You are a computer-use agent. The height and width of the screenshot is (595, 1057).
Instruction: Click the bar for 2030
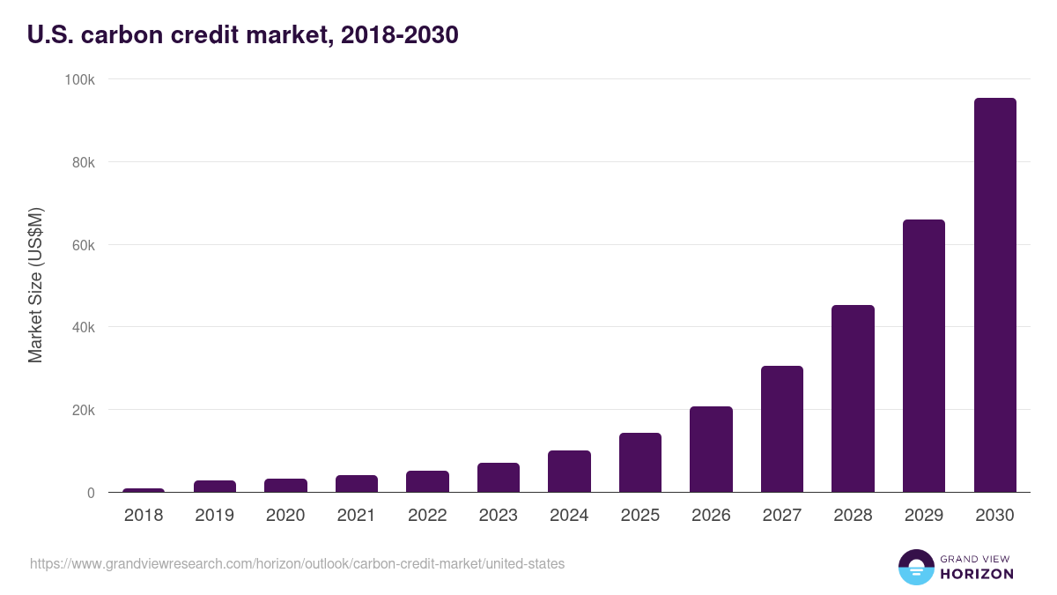[994, 295]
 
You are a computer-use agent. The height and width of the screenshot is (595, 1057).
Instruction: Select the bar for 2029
[923, 356]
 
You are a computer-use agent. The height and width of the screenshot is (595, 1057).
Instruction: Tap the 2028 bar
[853, 398]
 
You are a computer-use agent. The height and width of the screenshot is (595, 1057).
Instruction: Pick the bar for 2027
[782, 429]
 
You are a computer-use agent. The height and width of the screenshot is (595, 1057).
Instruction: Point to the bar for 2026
[711, 450]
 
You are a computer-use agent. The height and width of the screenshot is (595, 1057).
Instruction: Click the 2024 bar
[569, 472]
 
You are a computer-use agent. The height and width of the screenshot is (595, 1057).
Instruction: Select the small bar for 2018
[144, 490]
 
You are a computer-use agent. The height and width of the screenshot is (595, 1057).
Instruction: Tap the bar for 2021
[357, 484]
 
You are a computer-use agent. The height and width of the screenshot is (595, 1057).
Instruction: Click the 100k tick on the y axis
[80, 79]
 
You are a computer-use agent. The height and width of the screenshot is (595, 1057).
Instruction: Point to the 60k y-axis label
[83, 245]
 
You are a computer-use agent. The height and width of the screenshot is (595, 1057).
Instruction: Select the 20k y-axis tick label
[83, 410]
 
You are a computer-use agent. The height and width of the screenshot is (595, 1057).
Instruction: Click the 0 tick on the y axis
[91, 493]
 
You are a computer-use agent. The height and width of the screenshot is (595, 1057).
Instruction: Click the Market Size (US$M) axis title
[35, 285]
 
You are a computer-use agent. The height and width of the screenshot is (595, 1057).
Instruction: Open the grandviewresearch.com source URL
[297, 563]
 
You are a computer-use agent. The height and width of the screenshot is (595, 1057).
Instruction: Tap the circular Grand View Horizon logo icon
[915, 567]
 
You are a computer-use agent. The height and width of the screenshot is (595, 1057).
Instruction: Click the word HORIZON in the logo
[977, 574]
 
